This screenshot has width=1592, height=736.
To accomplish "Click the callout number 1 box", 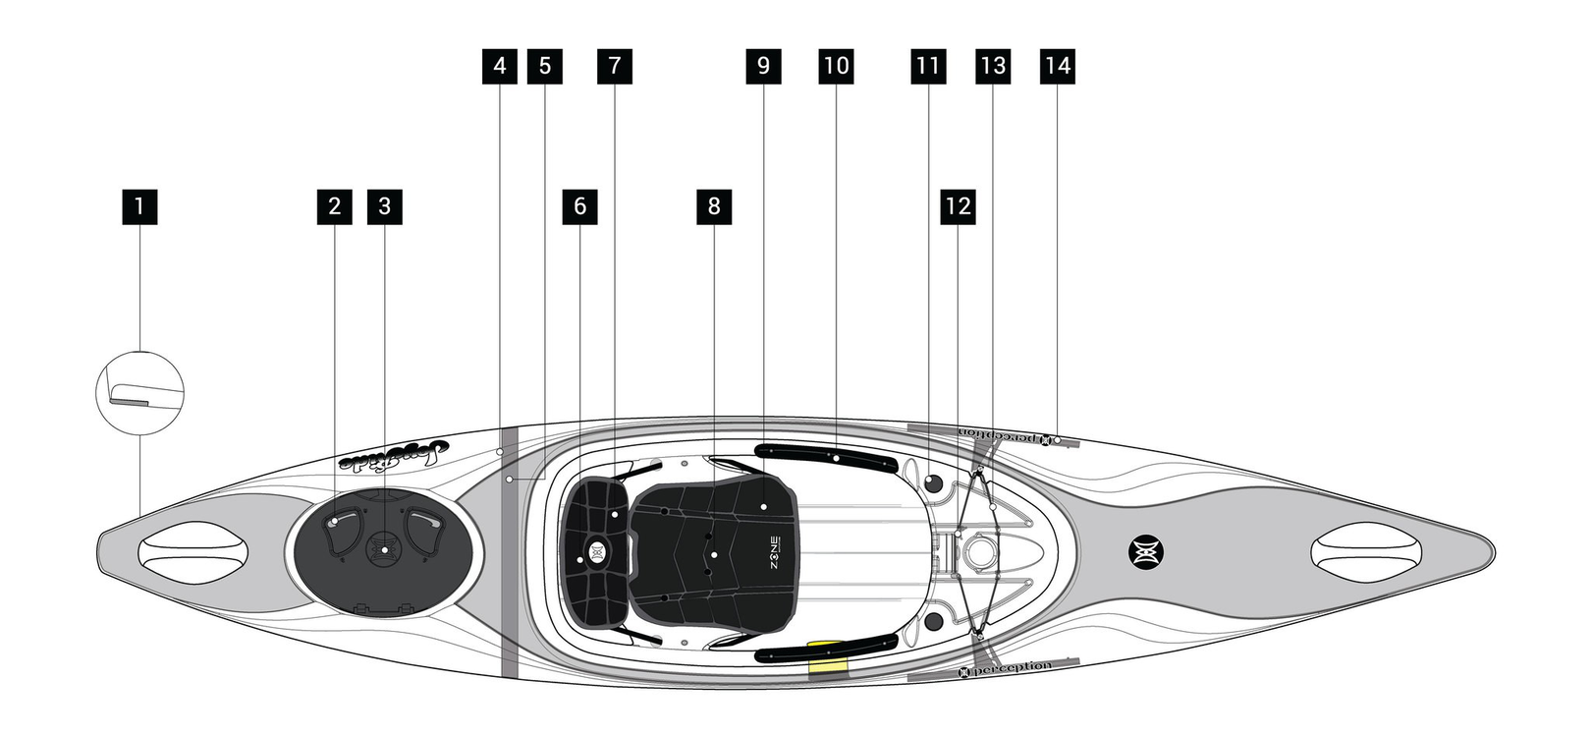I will [x=139, y=206].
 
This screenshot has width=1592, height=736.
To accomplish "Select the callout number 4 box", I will [x=501, y=66].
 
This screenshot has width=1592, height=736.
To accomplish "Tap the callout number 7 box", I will [x=615, y=66].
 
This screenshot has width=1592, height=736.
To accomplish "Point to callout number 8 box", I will [x=714, y=206].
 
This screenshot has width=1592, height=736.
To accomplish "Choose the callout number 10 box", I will [x=836, y=66].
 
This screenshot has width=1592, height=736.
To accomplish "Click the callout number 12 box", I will [x=958, y=206].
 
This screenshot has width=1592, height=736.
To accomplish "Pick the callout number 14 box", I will [x=1057, y=66].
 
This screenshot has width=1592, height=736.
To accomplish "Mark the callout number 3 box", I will [x=384, y=206].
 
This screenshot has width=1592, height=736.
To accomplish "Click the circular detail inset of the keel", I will [x=139, y=392].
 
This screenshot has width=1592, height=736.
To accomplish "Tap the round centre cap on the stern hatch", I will [x=383, y=548].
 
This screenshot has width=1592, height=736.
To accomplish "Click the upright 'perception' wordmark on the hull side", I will [x=1006, y=669].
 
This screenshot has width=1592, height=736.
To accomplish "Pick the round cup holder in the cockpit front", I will [x=978, y=550].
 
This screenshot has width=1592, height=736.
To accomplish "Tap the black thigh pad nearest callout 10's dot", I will [x=826, y=457].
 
